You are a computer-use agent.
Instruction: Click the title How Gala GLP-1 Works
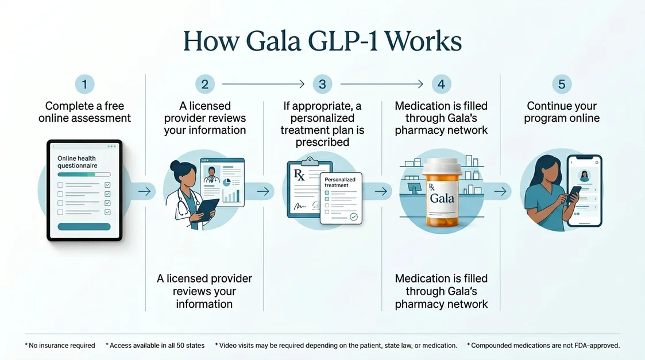click(x=322, y=42)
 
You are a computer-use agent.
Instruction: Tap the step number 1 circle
click(x=84, y=84)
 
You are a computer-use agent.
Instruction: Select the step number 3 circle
click(x=322, y=84)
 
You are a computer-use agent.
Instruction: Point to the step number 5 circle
click(x=561, y=84)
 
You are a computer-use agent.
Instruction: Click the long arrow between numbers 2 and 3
click(x=262, y=84)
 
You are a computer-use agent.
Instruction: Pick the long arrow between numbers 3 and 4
click(x=381, y=84)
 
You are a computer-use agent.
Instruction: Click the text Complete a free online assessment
click(x=84, y=112)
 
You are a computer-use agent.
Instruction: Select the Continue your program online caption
click(x=562, y=112)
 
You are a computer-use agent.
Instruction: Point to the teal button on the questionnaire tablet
click(x=84, y=226)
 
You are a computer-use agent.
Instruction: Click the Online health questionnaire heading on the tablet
click(x=77, y=161)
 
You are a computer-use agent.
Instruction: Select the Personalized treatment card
click(x=341, y=198)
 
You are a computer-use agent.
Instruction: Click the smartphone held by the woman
click(x=584, y=189)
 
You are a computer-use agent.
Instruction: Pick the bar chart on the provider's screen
click(x=231, y=195)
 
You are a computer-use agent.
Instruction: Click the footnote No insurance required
click(x=60, y=346)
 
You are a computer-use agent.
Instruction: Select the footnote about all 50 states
click(x=155, y=346)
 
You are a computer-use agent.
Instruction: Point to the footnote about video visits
click(x=336, y=346)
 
